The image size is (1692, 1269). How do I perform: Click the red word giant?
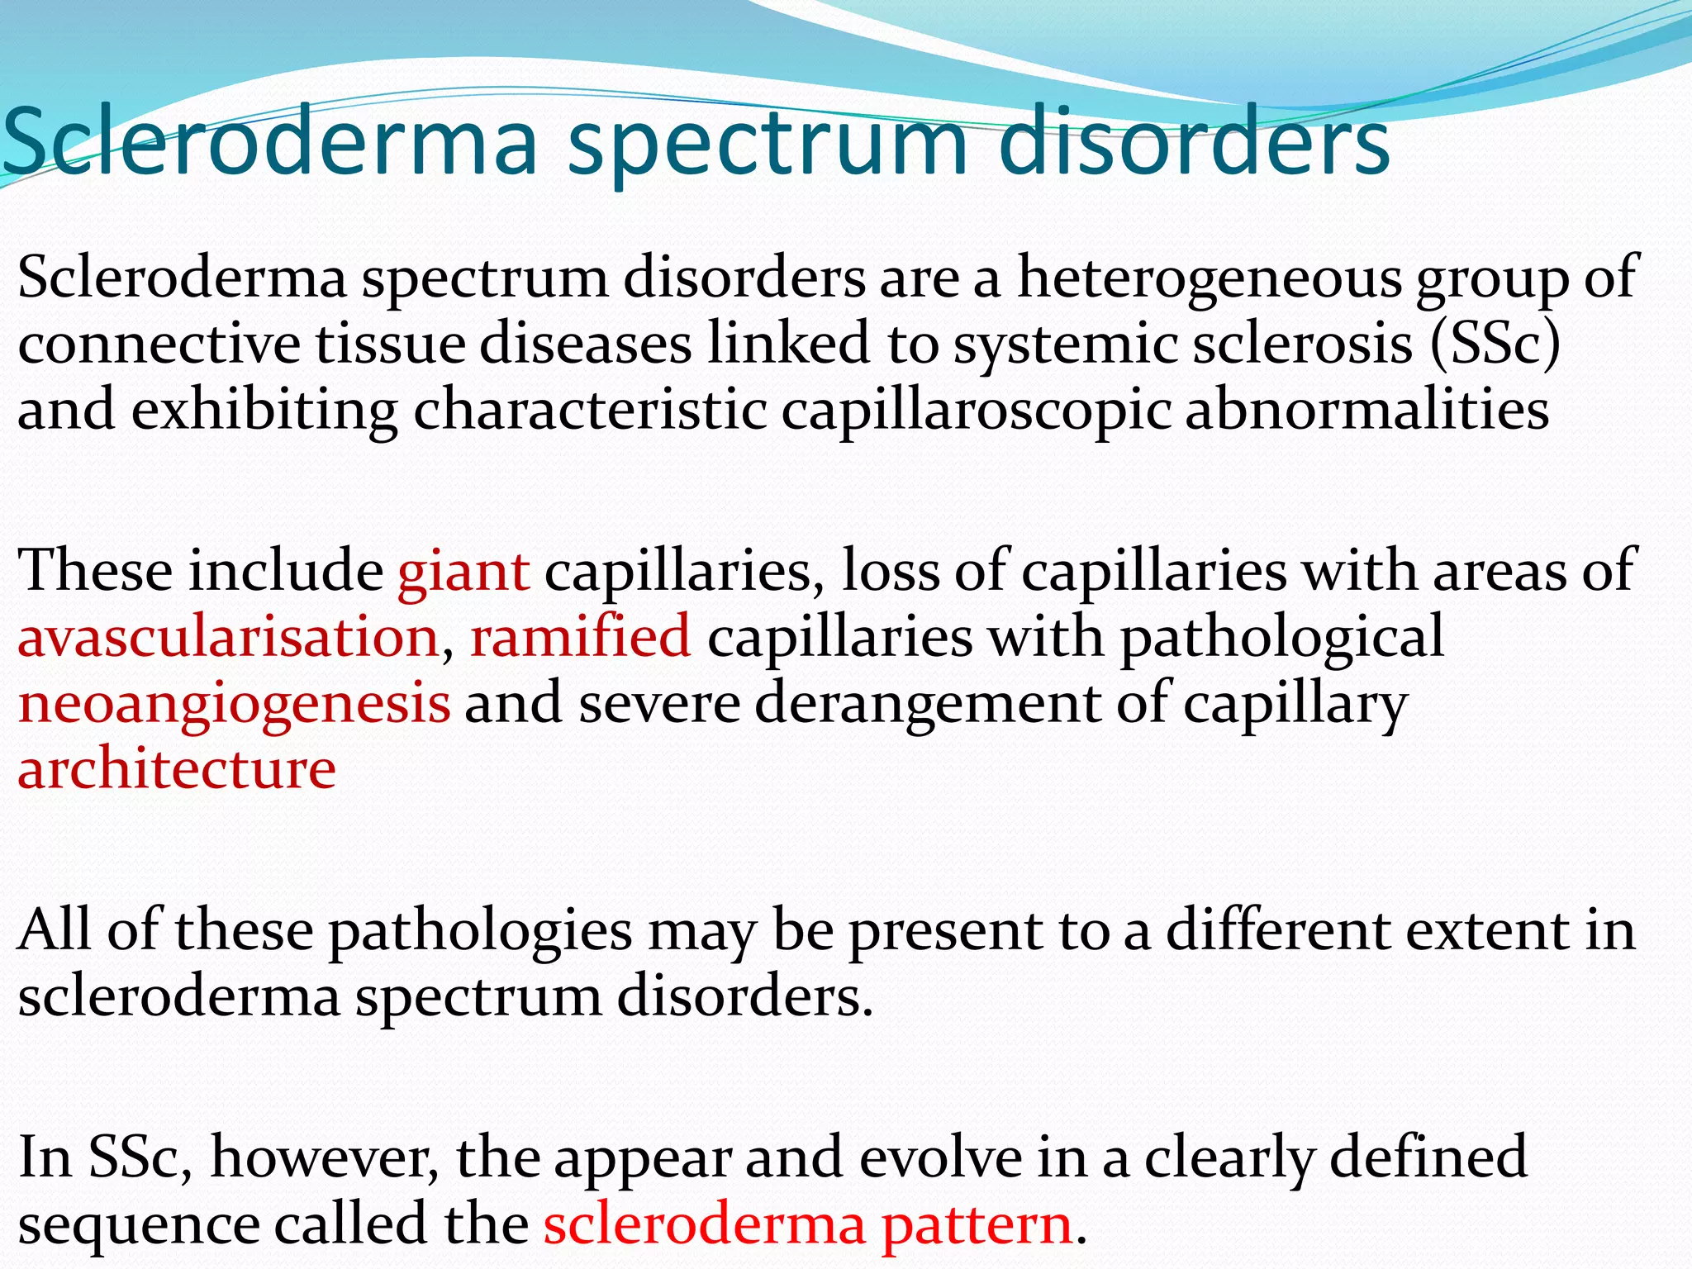[x=463, y=572]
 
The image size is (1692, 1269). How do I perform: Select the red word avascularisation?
[x=228, y=638]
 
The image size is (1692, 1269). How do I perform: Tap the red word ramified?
[x=580, y=638]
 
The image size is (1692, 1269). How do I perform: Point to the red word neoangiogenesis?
[x=235, y=704]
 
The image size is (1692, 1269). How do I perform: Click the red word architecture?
[x=177, y=770]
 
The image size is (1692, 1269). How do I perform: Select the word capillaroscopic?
[x=975, y=411]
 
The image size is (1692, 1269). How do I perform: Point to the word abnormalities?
[x=1366, y=410]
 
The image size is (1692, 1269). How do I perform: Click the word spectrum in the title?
[x=768, y=145]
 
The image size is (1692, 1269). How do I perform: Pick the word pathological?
[x=1281, y=638]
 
